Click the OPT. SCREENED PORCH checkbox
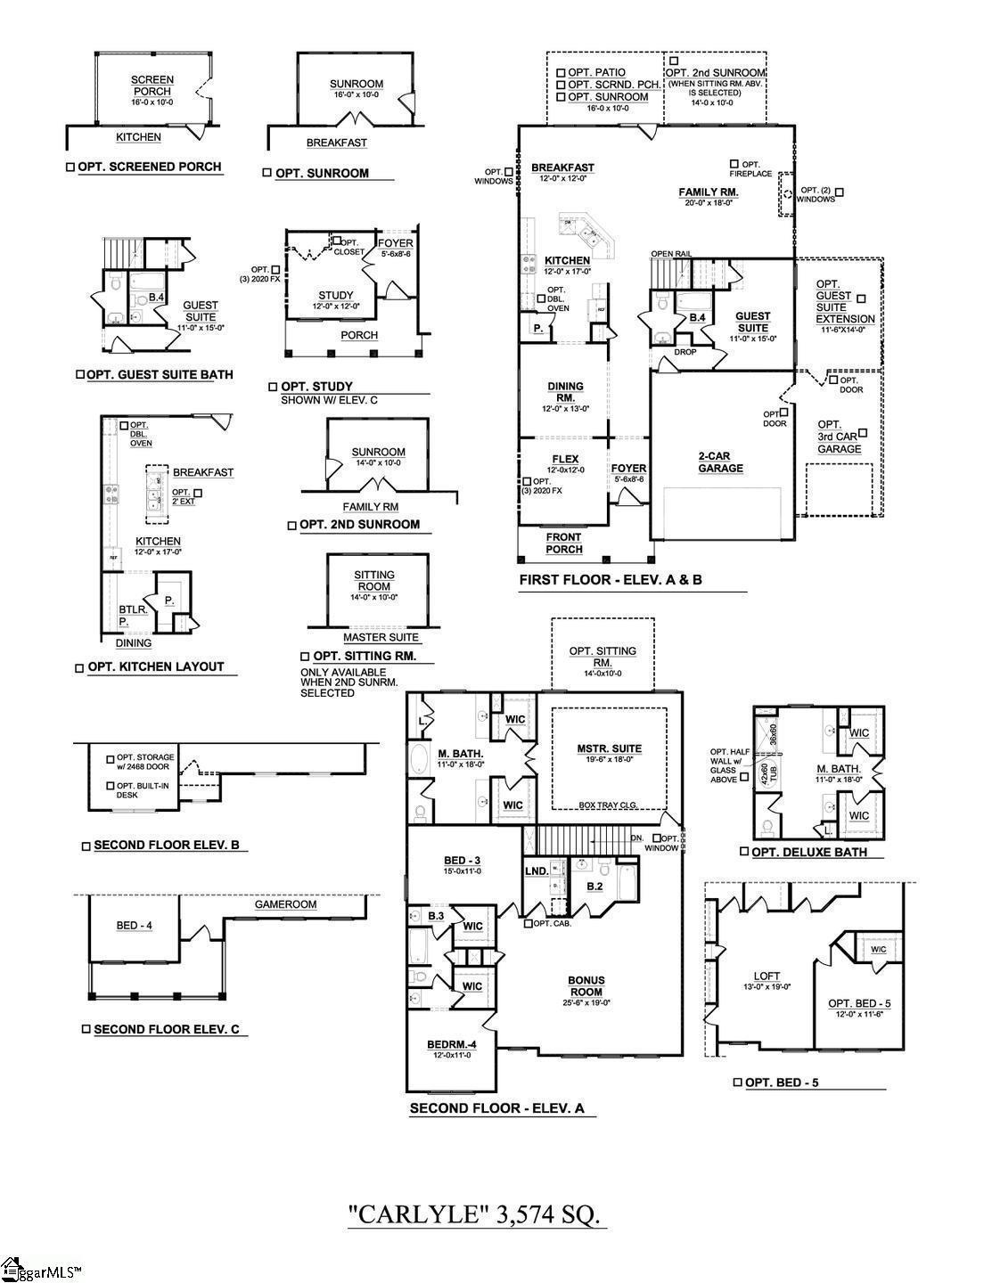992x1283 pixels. pos(70,168)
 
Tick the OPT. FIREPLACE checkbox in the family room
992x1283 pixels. pos(734,164)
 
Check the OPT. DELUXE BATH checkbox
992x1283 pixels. pos(744,852)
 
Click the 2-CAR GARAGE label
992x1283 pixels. pos(720,462)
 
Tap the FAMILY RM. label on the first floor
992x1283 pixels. pos(708,192)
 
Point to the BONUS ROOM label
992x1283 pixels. pos(586,985)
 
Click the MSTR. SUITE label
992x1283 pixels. pos(609,748)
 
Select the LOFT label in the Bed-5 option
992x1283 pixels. pos(767,976)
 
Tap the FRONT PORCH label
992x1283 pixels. pos(563,543)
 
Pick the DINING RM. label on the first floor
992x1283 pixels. pos(565,392)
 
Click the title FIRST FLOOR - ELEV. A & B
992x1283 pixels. pos(611,580)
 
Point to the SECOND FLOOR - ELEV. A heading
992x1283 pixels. pos(496,1109)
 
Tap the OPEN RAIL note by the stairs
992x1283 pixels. pos(671,254)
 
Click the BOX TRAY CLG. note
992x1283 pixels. pos(610,804)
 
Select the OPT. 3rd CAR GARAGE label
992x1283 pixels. pos(839,437)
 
